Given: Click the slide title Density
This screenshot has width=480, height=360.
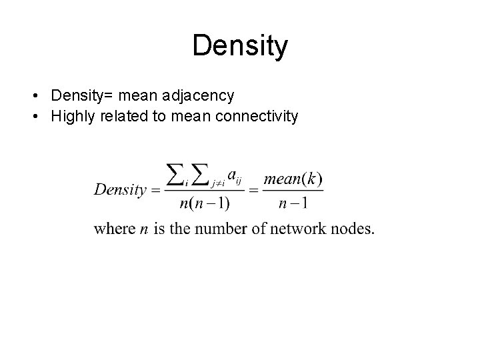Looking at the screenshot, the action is tap(240, 46).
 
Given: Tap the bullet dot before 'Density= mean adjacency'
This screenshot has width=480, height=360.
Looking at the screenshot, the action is tap(33, 96).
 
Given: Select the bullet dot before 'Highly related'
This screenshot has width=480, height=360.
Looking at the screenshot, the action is tap(33, 117).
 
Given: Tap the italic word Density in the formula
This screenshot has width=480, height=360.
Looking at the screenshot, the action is tap(120, 189).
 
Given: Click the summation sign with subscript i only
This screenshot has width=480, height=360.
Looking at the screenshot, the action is tap(176, 175).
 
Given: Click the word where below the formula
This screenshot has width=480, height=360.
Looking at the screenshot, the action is tap(115, 229).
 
